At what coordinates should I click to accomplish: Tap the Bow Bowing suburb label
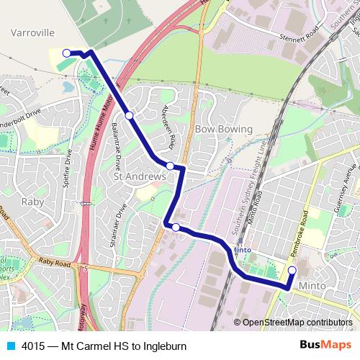224,129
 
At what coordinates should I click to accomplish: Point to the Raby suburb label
33,202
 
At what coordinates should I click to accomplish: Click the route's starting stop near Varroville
66,53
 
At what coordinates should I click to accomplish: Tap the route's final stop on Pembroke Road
292,271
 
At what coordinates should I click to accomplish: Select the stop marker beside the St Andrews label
170,166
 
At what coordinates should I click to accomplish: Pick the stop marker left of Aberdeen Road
129,115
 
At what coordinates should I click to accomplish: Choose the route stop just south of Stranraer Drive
176,227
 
